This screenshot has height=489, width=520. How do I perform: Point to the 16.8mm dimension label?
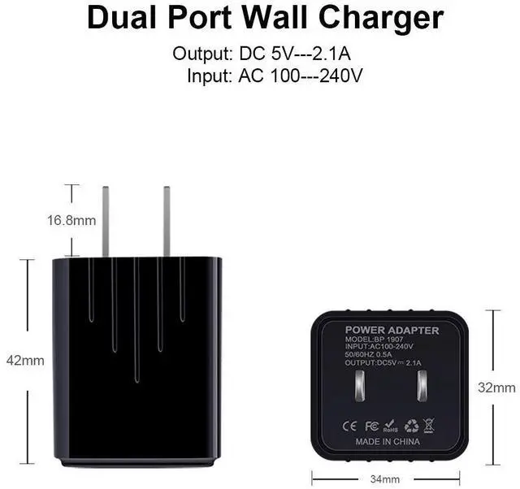coord(70,220)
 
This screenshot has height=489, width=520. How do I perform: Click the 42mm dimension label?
coord(25,360)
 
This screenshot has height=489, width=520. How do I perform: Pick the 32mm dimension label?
coord(496,387)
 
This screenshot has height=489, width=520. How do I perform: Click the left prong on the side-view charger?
coord(105,221)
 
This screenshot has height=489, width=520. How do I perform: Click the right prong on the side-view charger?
coord(167,221)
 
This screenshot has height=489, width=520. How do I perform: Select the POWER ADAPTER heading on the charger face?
coord(392,331)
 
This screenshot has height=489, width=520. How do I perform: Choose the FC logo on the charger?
coord(371,424)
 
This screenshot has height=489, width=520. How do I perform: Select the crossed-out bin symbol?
coord(429,424)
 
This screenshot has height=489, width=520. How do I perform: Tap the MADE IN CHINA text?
coord(388,442)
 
